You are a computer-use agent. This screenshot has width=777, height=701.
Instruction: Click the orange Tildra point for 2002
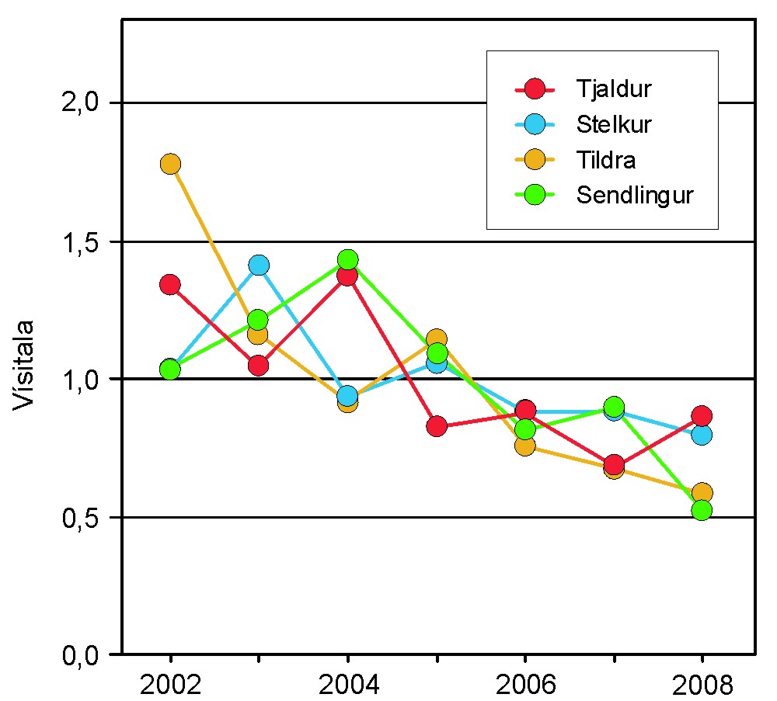click(x=170, y=164)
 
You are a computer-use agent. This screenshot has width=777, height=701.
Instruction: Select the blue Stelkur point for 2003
click(x=259, y=265)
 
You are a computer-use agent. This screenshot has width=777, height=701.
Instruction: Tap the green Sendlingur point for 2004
click(x=347, y=259)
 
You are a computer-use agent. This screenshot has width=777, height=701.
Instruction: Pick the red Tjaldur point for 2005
click(x=437, y=425)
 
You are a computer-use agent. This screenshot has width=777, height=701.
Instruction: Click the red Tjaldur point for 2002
click(x=170, y=284)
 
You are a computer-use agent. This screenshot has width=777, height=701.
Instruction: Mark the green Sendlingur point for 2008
click(x=702, y=510)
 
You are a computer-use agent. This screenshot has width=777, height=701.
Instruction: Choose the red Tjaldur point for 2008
click(x=702, y=415)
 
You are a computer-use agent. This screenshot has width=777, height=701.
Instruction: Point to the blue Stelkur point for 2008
click(x=702, y=434)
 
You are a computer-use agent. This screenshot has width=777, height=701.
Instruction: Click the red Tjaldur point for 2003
click(x=259, y=365)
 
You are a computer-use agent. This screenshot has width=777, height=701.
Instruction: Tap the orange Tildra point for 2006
click(x=525, y=446)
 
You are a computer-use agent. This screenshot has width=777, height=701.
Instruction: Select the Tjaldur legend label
click(x=613, y=88)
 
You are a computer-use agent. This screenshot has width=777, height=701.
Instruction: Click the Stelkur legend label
click(x=614, y=124)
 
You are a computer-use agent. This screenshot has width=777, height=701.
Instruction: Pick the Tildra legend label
click(x=606, y=160)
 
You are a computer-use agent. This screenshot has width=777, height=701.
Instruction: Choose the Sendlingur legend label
click(x=634, y=196)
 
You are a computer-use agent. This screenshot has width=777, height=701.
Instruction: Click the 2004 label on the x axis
click(x=347, y=685)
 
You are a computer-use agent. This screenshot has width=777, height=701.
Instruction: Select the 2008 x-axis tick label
click(x=702, y=685)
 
